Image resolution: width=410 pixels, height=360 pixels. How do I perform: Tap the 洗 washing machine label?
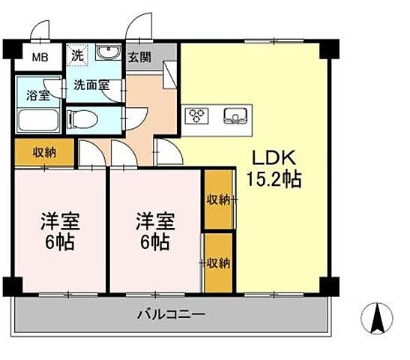pos(78,55)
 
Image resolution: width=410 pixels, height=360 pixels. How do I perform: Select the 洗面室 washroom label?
pos(91,85)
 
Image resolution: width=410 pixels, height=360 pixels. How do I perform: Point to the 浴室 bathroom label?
pos(37,95)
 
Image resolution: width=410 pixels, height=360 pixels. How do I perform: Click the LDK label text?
pos(274,157)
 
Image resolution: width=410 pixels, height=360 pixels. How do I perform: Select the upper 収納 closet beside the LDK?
pos(219,199)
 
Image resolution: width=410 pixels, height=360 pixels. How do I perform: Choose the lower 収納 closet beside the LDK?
pos(219,262)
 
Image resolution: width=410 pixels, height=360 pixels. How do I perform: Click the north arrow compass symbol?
pos(379,319)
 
